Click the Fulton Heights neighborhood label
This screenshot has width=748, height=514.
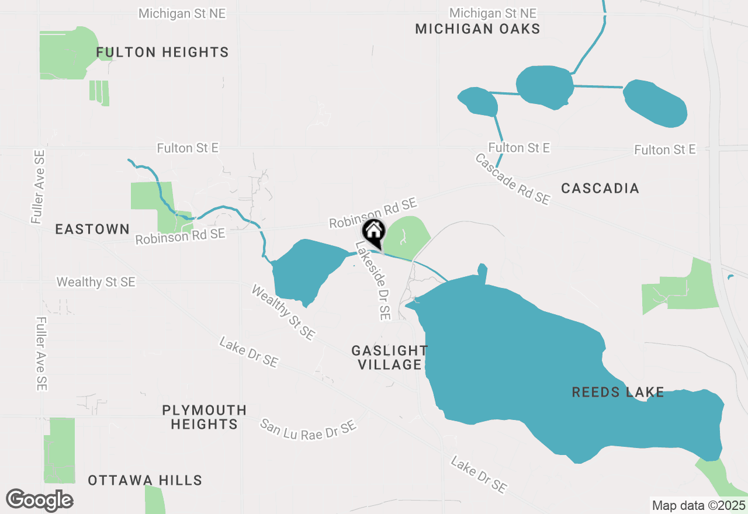click(162, 53)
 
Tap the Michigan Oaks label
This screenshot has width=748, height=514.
click(477, 29)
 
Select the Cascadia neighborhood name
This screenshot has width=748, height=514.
click(600, 188)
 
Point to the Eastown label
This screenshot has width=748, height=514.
click(92, 229)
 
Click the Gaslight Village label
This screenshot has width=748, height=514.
click(389, 357)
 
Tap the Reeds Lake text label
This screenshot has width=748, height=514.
click(618, 392)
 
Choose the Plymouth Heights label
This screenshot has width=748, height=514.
click(204, 417)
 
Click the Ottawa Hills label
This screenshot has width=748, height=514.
click(145, 481)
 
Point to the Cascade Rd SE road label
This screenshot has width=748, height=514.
click(512, 179)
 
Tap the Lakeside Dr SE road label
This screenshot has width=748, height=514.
click(373, 281)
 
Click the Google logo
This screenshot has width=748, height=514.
click(39, 500)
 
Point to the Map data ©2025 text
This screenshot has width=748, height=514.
click(698, 505)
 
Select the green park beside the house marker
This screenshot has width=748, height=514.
click(408, 237)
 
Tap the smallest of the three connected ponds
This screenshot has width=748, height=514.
click(479, 102)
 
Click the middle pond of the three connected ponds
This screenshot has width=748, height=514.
click(545, 86)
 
